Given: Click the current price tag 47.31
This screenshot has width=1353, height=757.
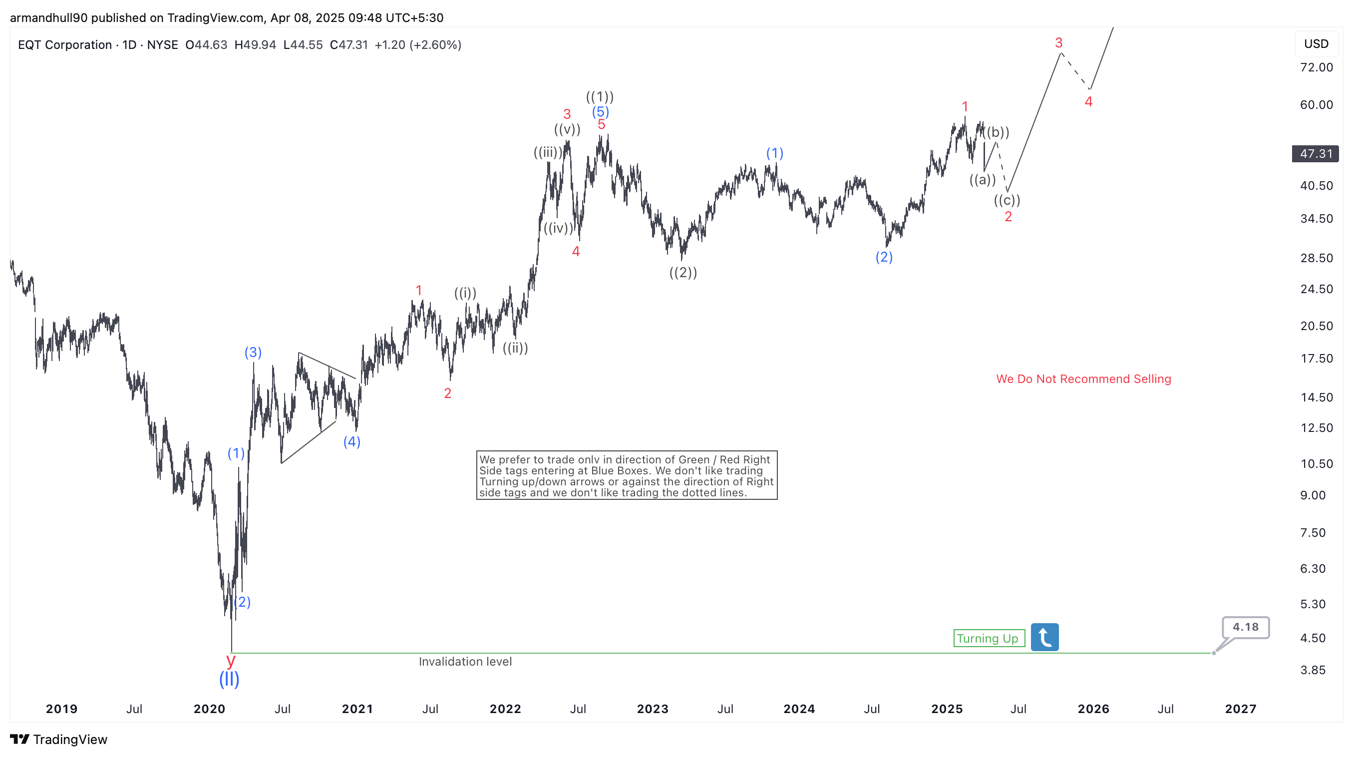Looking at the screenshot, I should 1315,154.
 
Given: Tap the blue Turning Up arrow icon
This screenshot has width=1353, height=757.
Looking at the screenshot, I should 1044,637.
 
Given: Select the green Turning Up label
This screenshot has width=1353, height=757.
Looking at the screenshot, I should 989,638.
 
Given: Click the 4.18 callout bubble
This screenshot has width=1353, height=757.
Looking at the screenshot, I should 1245,627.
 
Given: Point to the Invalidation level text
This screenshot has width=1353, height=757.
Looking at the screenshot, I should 465,662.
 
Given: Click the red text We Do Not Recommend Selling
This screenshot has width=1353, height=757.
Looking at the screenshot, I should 1083,379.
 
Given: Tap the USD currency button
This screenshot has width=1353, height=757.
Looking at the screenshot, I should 1316,44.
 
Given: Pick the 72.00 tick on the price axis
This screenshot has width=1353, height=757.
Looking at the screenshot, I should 1316,67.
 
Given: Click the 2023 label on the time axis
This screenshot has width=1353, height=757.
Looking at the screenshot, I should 653,709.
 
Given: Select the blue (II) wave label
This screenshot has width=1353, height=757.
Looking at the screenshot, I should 229,679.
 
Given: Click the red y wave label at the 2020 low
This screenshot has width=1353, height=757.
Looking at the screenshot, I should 231,659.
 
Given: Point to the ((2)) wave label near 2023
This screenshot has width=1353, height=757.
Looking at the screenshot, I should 683,273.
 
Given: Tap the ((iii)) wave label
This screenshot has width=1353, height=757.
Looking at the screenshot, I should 548,152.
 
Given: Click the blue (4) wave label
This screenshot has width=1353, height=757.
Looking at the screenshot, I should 352,442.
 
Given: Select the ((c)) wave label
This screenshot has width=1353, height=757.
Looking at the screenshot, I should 1007,200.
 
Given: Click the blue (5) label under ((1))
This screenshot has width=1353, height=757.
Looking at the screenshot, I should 600,111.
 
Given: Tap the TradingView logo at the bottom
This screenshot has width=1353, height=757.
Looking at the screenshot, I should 59,740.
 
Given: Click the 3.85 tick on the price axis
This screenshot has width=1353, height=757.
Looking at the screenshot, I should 1313,670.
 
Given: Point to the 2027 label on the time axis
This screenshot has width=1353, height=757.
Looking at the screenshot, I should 1240,709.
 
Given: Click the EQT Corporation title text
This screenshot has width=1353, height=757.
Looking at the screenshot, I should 64,45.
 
